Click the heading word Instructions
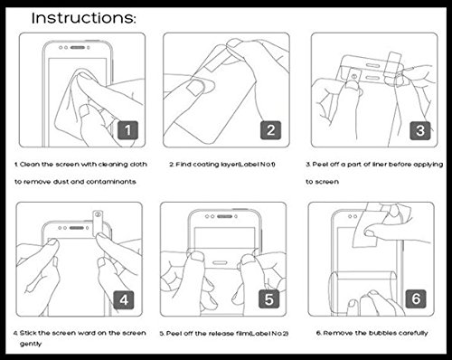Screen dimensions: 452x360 [84, 18]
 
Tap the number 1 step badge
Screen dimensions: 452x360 [127, 130]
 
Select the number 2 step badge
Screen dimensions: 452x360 [270, 130]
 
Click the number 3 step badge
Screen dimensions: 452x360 [420, 130]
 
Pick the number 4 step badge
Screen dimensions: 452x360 [124, 299]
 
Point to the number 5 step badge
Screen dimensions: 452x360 [269, 299]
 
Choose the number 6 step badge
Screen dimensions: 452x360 [416, 298]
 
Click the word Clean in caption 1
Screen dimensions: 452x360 [30, 165]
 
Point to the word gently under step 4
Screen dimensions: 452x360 [31, 344]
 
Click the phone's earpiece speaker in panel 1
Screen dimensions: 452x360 [78, 48]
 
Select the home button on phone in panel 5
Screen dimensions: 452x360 [220, 262]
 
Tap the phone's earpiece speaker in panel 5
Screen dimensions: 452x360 [224, 216]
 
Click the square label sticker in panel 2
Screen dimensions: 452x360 [196, 87]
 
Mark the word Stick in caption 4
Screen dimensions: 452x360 [28, 333]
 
